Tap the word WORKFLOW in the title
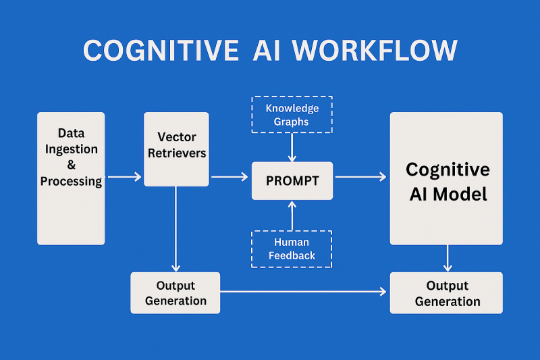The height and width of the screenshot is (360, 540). pos(383,51)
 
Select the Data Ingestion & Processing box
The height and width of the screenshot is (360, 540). pos(71,178)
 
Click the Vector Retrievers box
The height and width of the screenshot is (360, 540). pos(176,149)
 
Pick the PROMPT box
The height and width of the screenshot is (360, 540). pos(292,181)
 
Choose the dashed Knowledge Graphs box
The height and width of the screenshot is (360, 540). pos(292,115)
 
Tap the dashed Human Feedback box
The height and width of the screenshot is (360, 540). pos(292,249)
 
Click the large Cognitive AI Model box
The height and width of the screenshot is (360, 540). pos(446,178)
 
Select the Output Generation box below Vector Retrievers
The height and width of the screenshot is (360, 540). pos(175,292)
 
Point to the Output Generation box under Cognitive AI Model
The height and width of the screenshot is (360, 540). pos(446,292)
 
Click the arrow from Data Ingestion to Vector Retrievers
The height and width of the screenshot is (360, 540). pos(124,177)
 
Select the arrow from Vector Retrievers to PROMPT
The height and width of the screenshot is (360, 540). pos(230,177)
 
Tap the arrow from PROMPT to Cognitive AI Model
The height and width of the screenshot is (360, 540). pos(360,177)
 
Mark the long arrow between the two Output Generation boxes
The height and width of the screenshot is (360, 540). pos(304,292)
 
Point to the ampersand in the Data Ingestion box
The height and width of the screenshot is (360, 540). pos(72,165)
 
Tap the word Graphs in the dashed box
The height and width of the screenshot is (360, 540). pos(292,122)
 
